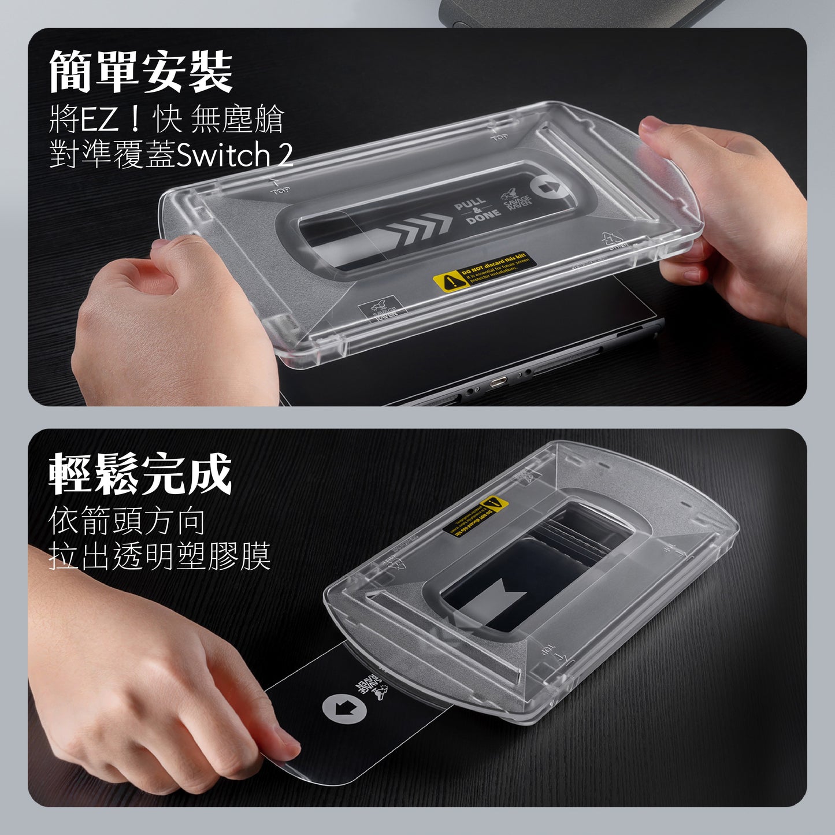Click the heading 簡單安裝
coord(140,72)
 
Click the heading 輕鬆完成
coord(140,474)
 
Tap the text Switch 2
coord(235,155)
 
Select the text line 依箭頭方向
coord(127,521)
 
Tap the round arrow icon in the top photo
coord(544,188)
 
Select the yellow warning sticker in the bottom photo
coord(476,515)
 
